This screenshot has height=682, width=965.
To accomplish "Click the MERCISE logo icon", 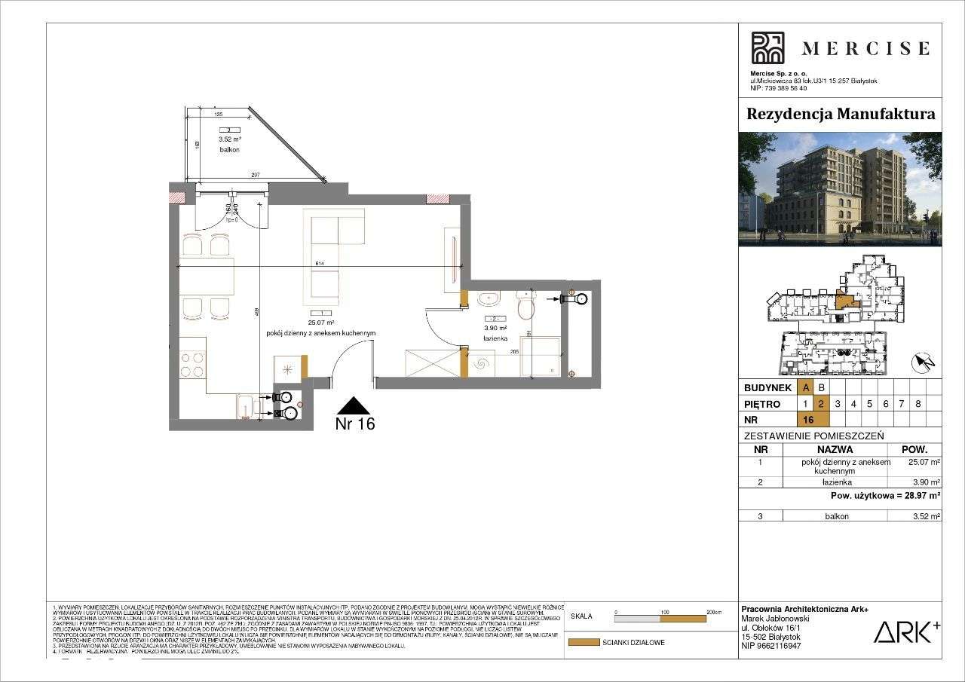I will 767,47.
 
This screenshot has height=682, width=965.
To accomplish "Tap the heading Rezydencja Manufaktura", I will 840,115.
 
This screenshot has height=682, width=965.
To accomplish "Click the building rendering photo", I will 840,189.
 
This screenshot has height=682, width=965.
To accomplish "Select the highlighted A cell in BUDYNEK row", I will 806,388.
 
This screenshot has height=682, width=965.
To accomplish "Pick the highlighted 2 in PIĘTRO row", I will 822,404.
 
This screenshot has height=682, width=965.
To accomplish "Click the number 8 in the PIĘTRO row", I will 918,404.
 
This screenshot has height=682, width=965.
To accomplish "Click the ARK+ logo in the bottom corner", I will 906,632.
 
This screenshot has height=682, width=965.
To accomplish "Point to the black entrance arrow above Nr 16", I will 354,405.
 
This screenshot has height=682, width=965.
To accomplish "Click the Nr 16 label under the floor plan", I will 354,424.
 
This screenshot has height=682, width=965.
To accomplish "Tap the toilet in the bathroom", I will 525,305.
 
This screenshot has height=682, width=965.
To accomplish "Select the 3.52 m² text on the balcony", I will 229,139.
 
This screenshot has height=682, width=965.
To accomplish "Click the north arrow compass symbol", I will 923,363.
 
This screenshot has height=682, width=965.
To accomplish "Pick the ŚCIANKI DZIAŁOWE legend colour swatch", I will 583,643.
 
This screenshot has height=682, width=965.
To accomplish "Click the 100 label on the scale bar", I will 665,612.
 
